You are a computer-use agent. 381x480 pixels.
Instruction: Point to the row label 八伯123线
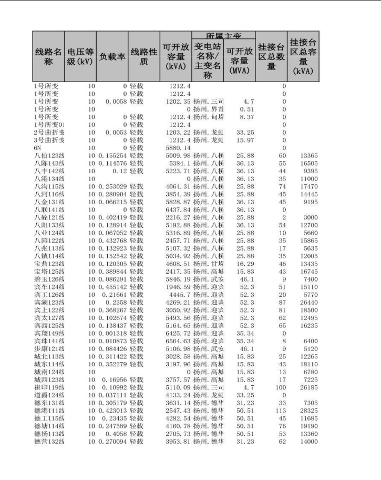(x=49, y=156)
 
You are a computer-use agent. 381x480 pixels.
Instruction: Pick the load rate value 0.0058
(x=115, y=102)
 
